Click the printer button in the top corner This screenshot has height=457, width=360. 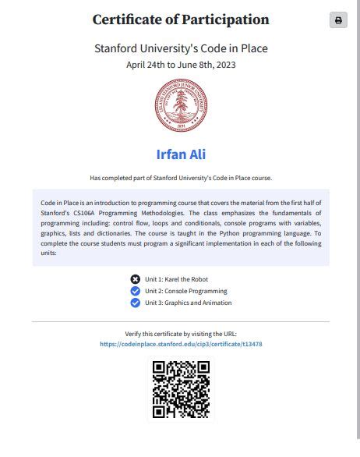pyautogui.click(x=338, y=20)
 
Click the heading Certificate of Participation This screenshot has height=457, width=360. pyautogui.click(x=180, y=20)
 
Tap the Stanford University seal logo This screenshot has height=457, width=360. pyautogui.click(x=180, y=106)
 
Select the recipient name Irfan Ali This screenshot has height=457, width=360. pyautogui.click(x=180, y=154)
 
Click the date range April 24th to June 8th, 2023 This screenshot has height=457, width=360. pyautogui.click(x=180, y=65)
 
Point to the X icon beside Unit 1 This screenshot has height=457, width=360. pyautogui.click(x=136, y=279)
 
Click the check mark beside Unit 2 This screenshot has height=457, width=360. pyautogui.click(x=136, y=291)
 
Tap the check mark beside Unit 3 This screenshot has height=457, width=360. pyautogui.click(x=136, y=303)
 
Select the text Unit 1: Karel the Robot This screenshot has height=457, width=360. pyautogui.click(x=176, y=279)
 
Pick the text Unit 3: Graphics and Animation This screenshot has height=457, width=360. pyautogui.click(x=188, y=303)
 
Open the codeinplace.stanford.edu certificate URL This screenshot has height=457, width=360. pyautogui.click(x=180, y=344)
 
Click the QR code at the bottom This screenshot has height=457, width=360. pyautogui.click(x=180, y=389)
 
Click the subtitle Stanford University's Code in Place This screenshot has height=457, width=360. pyautogui.click(x=180, y=48)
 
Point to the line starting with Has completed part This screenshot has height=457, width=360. pyautogui.click(x=180, y=177)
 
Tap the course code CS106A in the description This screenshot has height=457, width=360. pyautogui.click(x=86, y=213)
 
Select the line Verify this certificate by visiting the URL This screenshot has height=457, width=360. pyautogui.click(x=180, y=334)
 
